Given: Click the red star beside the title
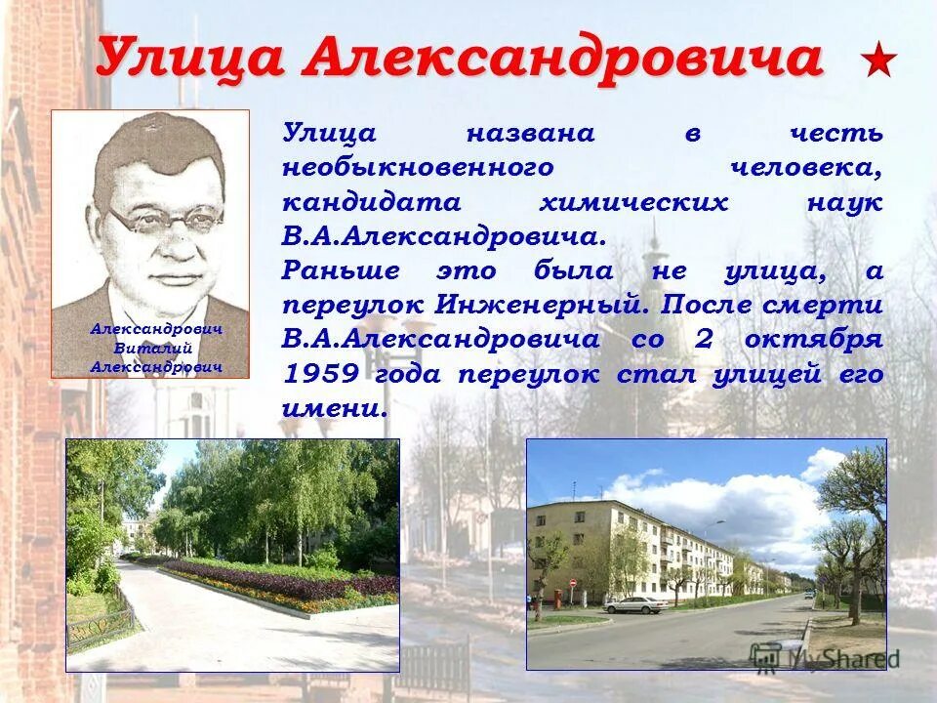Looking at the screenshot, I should point(878,61).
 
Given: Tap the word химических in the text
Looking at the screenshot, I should point(633,202).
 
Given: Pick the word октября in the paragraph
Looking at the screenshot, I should point(814,340).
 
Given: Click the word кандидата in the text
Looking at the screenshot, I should point(357,202).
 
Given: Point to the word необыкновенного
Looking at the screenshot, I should point(418,167).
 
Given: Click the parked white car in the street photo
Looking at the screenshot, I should point(635,604).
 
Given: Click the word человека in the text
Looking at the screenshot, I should point(806,167).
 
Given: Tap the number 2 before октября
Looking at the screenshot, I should point(704,340).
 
